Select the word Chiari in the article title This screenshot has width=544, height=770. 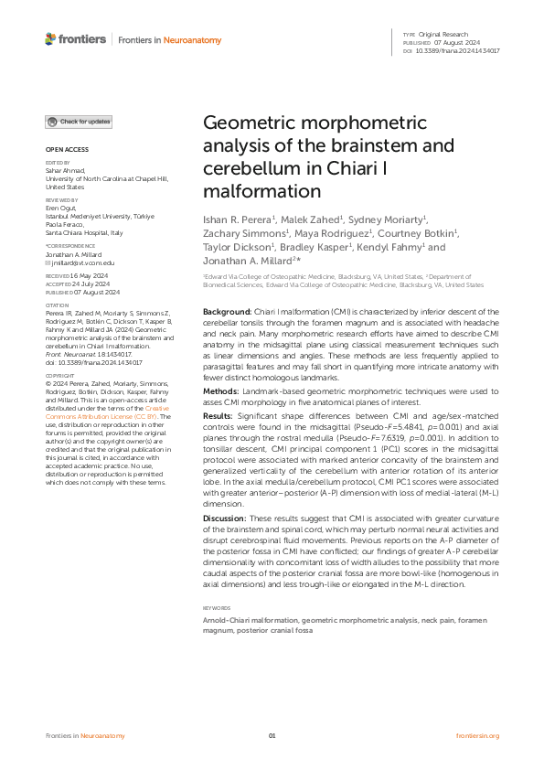(393, 169)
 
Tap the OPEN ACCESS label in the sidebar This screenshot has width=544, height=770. (67, 149)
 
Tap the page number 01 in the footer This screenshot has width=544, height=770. (272, 736)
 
